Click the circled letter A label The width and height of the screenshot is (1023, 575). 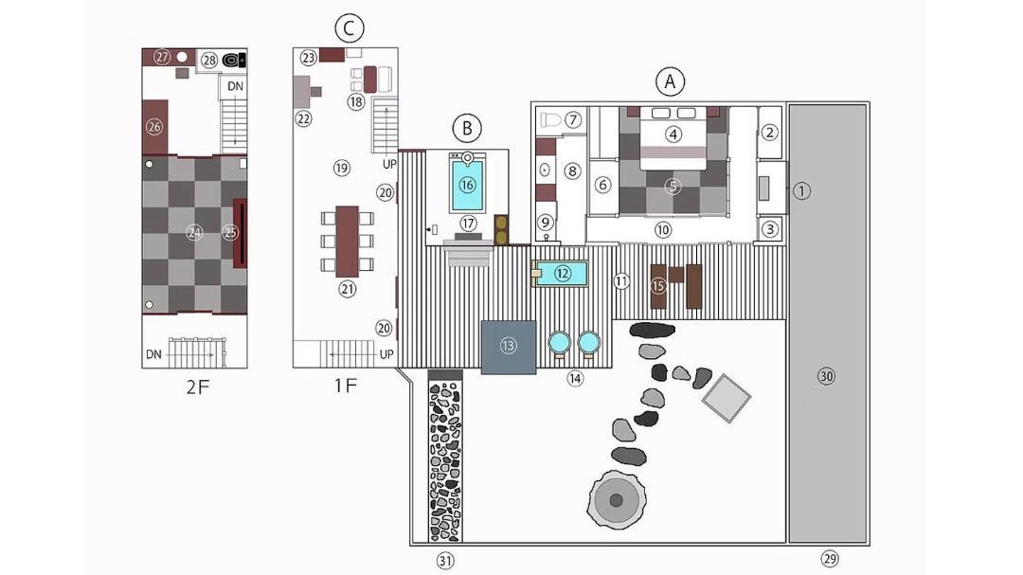(x=670, y=82)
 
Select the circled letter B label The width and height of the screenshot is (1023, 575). (x=467, y=128)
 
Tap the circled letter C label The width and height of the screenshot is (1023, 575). (x=349, y=28)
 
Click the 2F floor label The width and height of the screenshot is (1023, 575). (x=198, y=387)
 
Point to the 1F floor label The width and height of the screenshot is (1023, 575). (x=346, y=386)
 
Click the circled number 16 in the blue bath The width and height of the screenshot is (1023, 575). (x=467, y=186)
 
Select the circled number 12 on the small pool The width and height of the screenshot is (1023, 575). (x=563, y=274)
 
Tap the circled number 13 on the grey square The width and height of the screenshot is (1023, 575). (x=509, y=346)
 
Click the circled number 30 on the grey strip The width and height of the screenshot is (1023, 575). (x=827, y=377)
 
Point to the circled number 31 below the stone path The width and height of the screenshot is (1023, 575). (x=445, y=561)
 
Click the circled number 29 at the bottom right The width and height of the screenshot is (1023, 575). (x=829, y=559)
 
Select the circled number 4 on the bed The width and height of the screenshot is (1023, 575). (x=673, y=135)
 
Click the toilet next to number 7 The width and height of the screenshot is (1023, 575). (x=550, y=120)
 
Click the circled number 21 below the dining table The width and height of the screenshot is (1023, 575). (x=347, y=289)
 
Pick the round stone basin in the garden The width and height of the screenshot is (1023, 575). (x=617, y=500)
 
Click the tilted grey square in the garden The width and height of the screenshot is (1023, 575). (x=727, y=398)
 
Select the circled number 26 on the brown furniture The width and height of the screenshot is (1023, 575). (x=154, y=127)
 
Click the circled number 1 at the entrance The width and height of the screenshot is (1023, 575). (x=802, y=191)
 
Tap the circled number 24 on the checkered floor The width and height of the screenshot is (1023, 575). (x=194, y=232)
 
